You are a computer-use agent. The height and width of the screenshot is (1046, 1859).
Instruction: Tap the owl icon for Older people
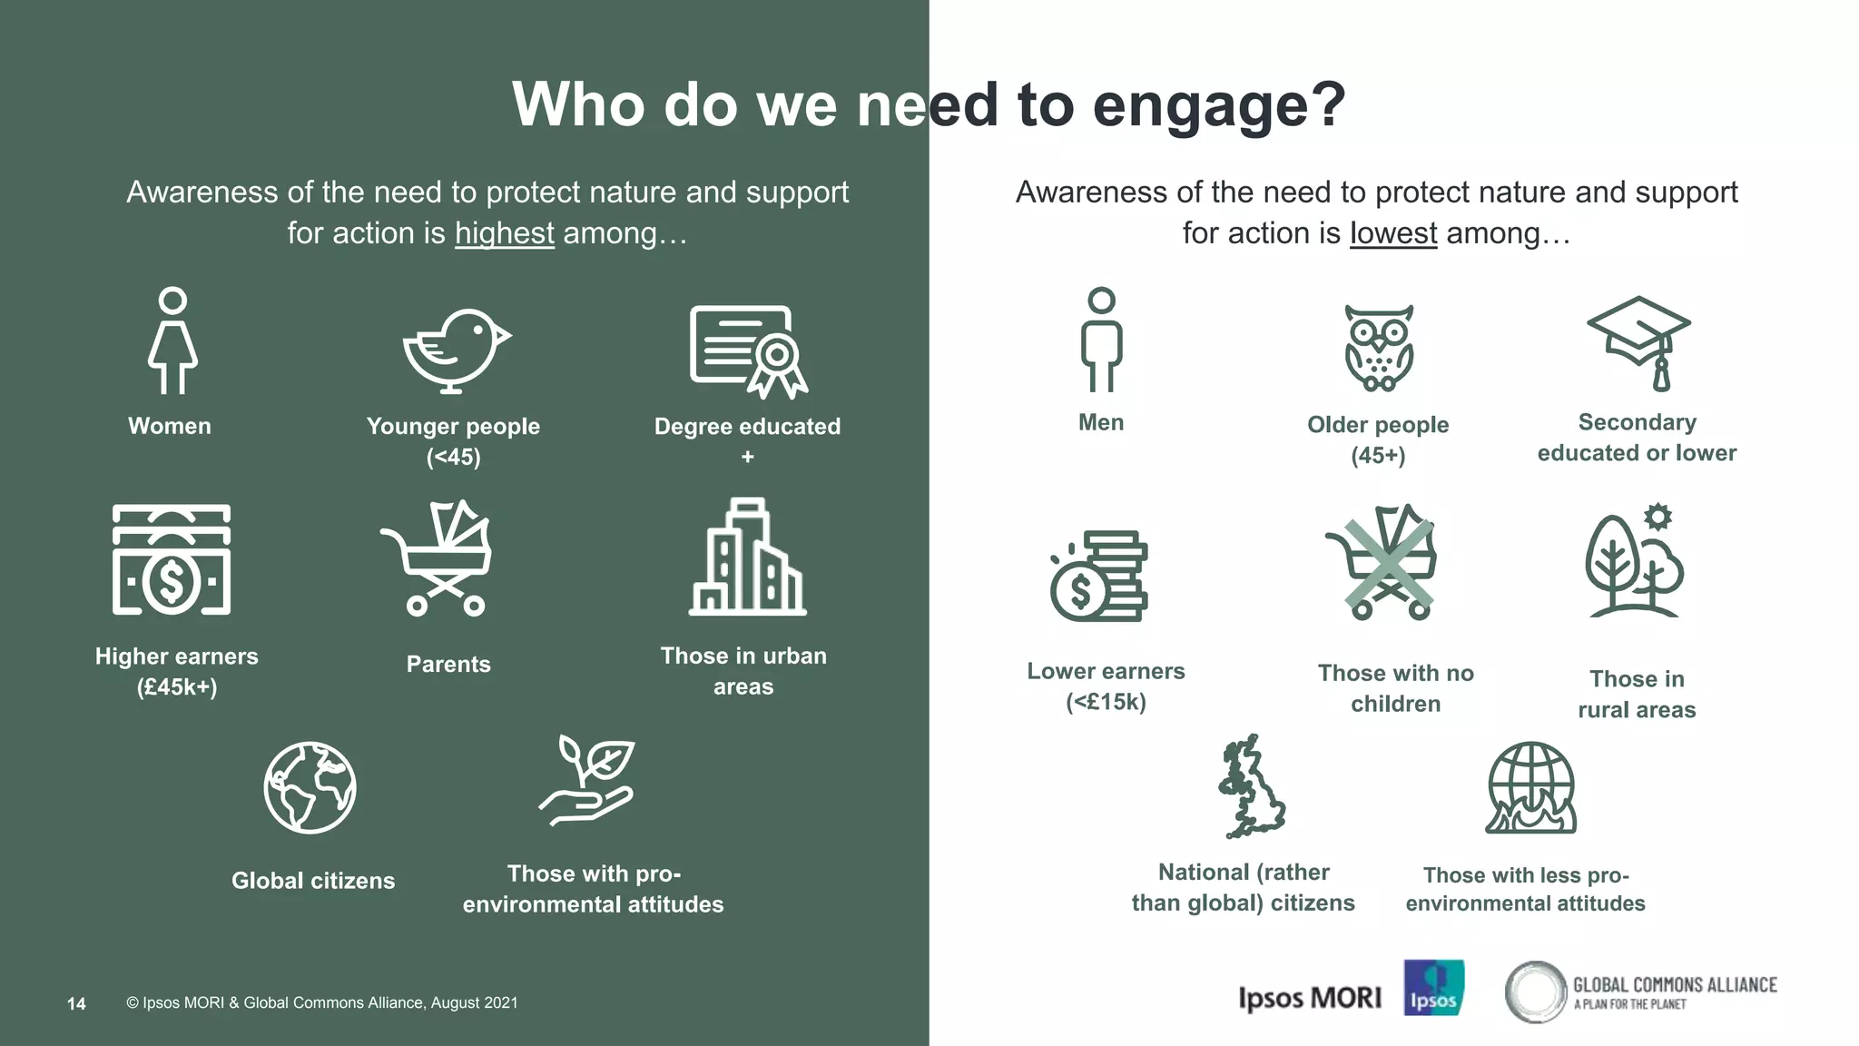click(1379, 349)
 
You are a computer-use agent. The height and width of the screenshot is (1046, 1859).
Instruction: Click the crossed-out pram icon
click(1382, 562)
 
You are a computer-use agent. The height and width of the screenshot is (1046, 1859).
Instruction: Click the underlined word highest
click(504, 233)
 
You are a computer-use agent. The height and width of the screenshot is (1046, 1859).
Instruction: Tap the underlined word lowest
click(1392, 233)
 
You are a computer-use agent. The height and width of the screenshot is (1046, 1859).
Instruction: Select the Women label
click(170, 426)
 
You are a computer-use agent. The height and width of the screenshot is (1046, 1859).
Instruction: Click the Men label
click(1100, 422)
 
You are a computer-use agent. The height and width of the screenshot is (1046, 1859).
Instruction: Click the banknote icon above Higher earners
click(172, 559)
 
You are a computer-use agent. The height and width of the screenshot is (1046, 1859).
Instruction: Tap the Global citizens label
click(313, 881)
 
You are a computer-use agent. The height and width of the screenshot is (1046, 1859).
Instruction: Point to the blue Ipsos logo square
click(1433, 987)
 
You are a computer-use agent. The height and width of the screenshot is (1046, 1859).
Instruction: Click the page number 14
click(76, 1003)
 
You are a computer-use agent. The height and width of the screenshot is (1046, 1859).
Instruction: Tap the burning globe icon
click(1530, 788)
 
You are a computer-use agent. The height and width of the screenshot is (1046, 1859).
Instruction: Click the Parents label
click(448, 664)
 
